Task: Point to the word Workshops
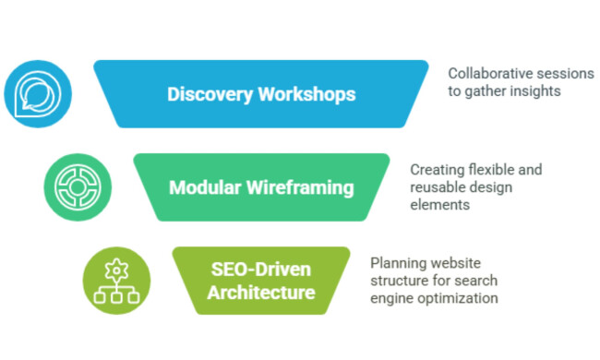306,95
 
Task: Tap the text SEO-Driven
260,270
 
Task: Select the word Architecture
260,293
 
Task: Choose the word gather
486,90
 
